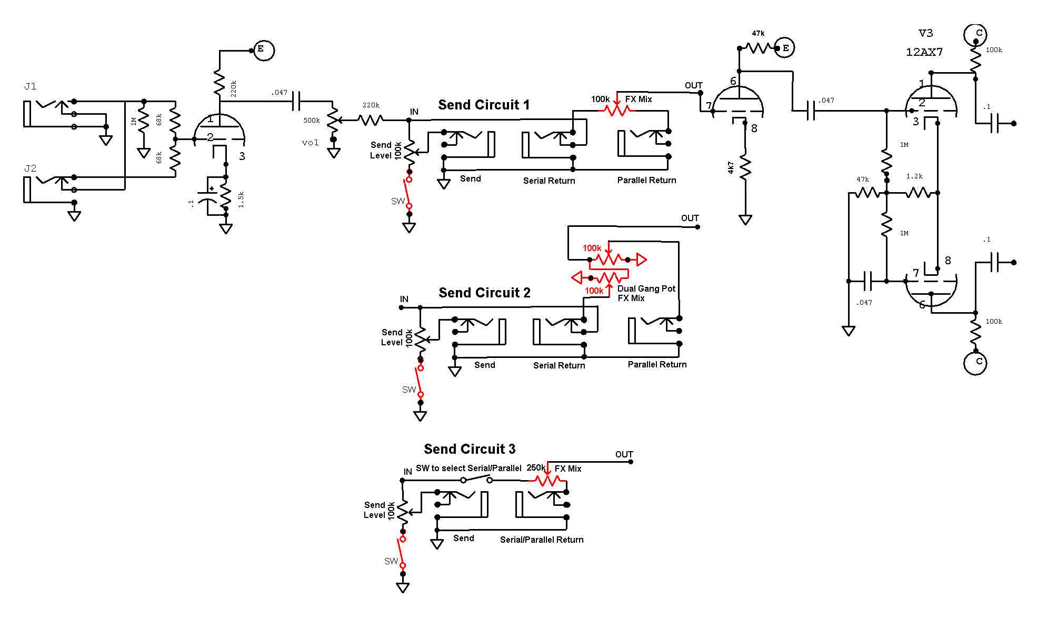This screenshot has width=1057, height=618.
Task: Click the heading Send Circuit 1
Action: pos(484,105)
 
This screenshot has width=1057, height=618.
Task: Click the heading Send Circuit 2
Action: pos(484,293)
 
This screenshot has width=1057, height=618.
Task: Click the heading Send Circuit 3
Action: pos(470,449)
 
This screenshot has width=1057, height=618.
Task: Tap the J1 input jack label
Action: pos(31,86)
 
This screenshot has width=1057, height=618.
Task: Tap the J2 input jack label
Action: pos(31,168)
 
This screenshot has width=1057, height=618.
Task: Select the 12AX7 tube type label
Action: pos(924,52)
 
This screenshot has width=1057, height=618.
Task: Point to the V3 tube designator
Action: pos(926,33)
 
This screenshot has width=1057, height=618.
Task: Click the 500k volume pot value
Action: pos(312,121)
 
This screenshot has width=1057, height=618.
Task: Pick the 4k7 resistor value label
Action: pos(731,168)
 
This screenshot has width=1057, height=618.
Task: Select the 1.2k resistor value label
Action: pos(914,176)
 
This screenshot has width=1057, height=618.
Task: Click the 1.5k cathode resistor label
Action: pos(241,200)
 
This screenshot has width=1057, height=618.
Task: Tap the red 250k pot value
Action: pos(536,467)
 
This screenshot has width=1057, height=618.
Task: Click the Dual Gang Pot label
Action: pos(646,288)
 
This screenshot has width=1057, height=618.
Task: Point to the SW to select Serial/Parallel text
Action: pos(468,468)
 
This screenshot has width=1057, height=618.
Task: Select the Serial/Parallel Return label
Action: pos(542,540)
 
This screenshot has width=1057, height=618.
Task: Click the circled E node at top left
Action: pos(264,50)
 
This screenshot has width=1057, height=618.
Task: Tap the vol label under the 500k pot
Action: pos(310,143)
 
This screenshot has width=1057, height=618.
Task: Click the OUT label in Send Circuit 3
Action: pos(624,454)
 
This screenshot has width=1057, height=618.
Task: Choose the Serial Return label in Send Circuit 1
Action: pos(549,181)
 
